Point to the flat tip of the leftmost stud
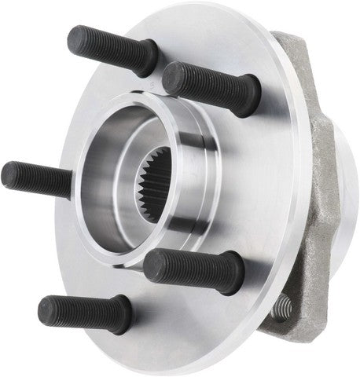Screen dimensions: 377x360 coord(8,173)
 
